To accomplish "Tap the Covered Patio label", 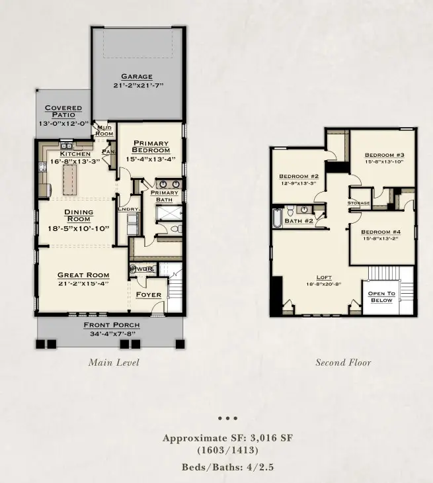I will tap(63, 111).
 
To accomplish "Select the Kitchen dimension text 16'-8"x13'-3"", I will tap(75, 161).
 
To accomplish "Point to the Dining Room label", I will tap(79, 216).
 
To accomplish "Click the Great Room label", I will tap(83, 275).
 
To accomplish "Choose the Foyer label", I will tap(149, 295).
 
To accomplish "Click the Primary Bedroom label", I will tap(151, 146).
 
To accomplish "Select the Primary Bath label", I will tap(164, 196).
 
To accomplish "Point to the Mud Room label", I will tap(103, 130).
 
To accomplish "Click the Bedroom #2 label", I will tap(299, 176).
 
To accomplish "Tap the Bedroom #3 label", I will tap(384, 155).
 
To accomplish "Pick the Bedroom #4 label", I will tap(381, 232).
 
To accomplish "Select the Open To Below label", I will tap(382, 297).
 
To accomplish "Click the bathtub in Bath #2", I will tap(277, 218).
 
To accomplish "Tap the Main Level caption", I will tap(114, 363).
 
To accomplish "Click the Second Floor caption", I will tap(343, 363).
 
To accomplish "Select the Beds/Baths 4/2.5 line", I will tap(227, 467).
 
